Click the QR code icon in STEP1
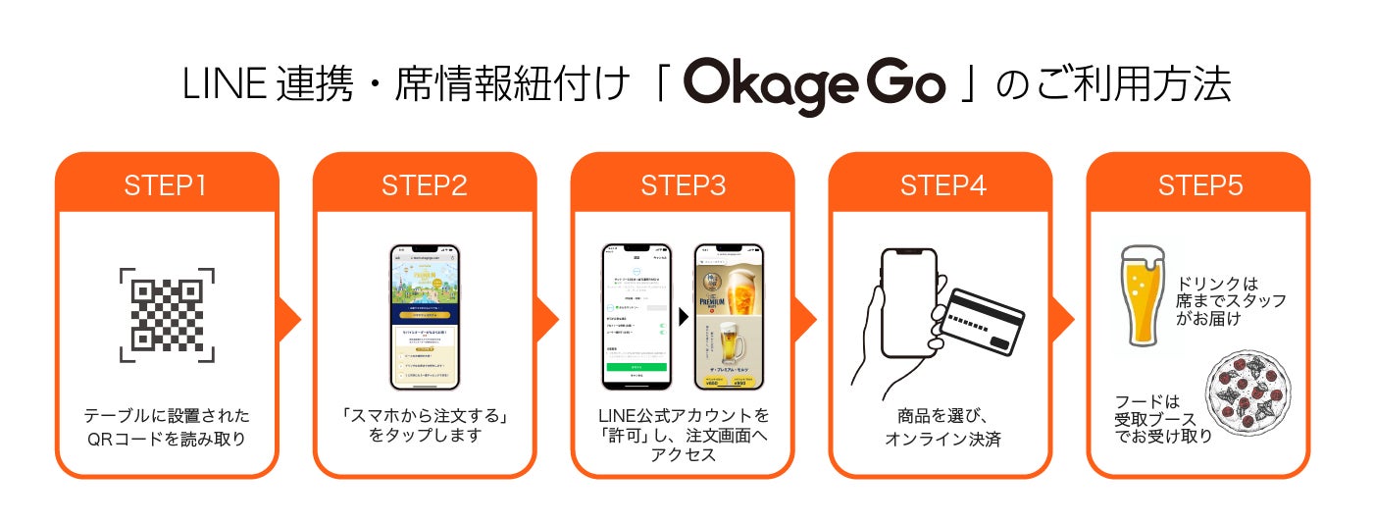pos(167,314)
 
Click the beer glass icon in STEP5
pos(1142,295)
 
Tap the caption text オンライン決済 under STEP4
pos(941,439)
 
